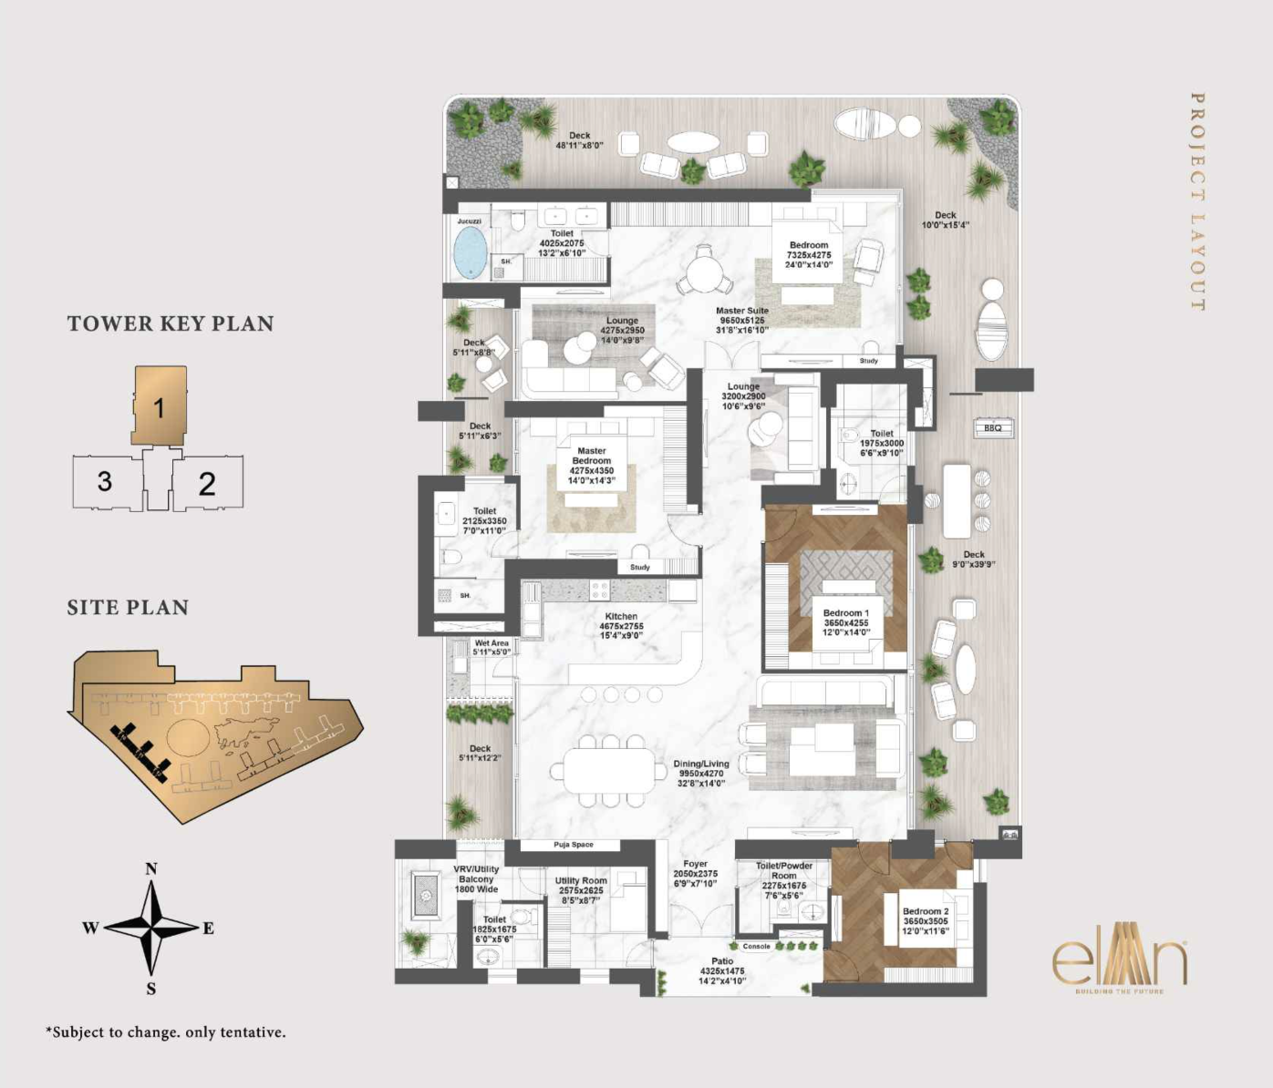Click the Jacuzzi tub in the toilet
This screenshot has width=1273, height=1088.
[x=471, y=252]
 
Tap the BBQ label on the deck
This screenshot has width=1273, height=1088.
[x=992, y=427]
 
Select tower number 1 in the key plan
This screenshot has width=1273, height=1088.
[x=159, y=407]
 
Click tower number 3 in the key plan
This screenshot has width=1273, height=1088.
[x=105, y=481]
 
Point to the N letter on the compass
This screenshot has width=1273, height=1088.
[x=151, y=868]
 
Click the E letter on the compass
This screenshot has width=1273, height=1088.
[x=208, y=929]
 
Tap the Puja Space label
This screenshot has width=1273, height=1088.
[x=573, y=845]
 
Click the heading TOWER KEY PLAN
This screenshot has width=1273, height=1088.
[x=171, y=323]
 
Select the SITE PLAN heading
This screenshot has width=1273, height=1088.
[x=128, y=608]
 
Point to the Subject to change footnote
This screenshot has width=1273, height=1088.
[x=166, y=1032]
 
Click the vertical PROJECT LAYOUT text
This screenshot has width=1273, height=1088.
[x=1197, y=201]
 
